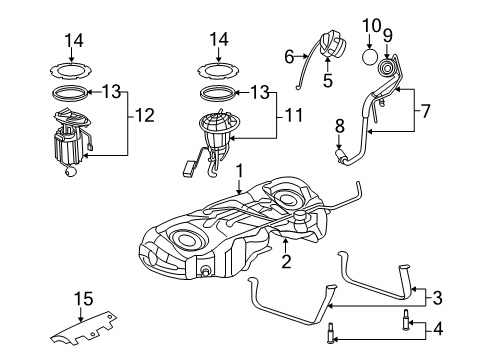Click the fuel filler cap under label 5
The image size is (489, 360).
[x=327, y=48]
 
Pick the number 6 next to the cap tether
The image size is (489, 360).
[x=289, y=56]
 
